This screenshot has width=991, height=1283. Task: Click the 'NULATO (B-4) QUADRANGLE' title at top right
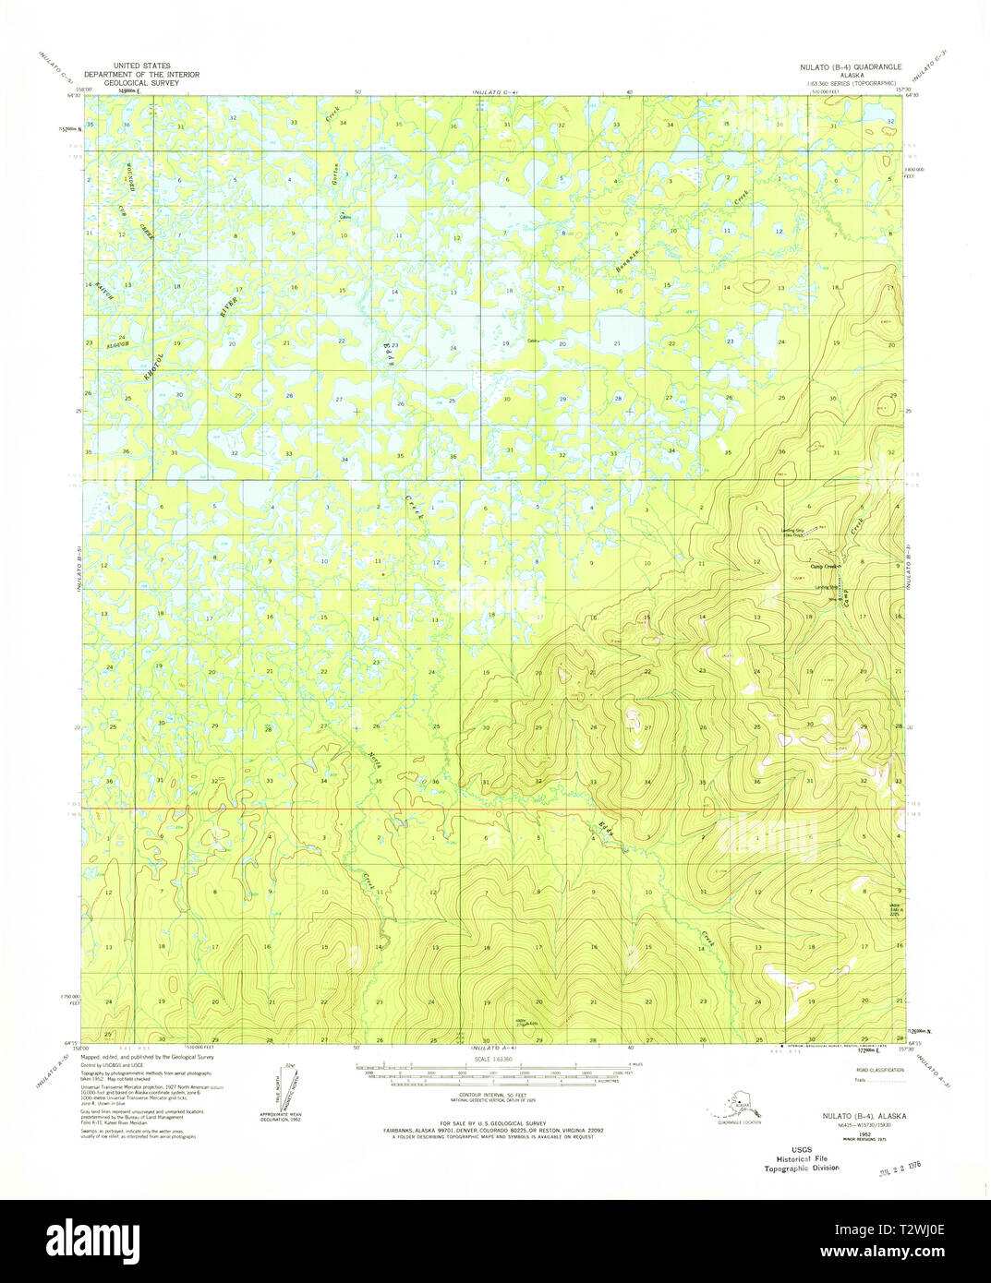[x=850, y=68]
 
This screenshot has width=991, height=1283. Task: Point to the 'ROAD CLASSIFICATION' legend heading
[x=874, y=1069]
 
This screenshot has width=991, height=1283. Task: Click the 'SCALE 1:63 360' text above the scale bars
[x=494, y=1058]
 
